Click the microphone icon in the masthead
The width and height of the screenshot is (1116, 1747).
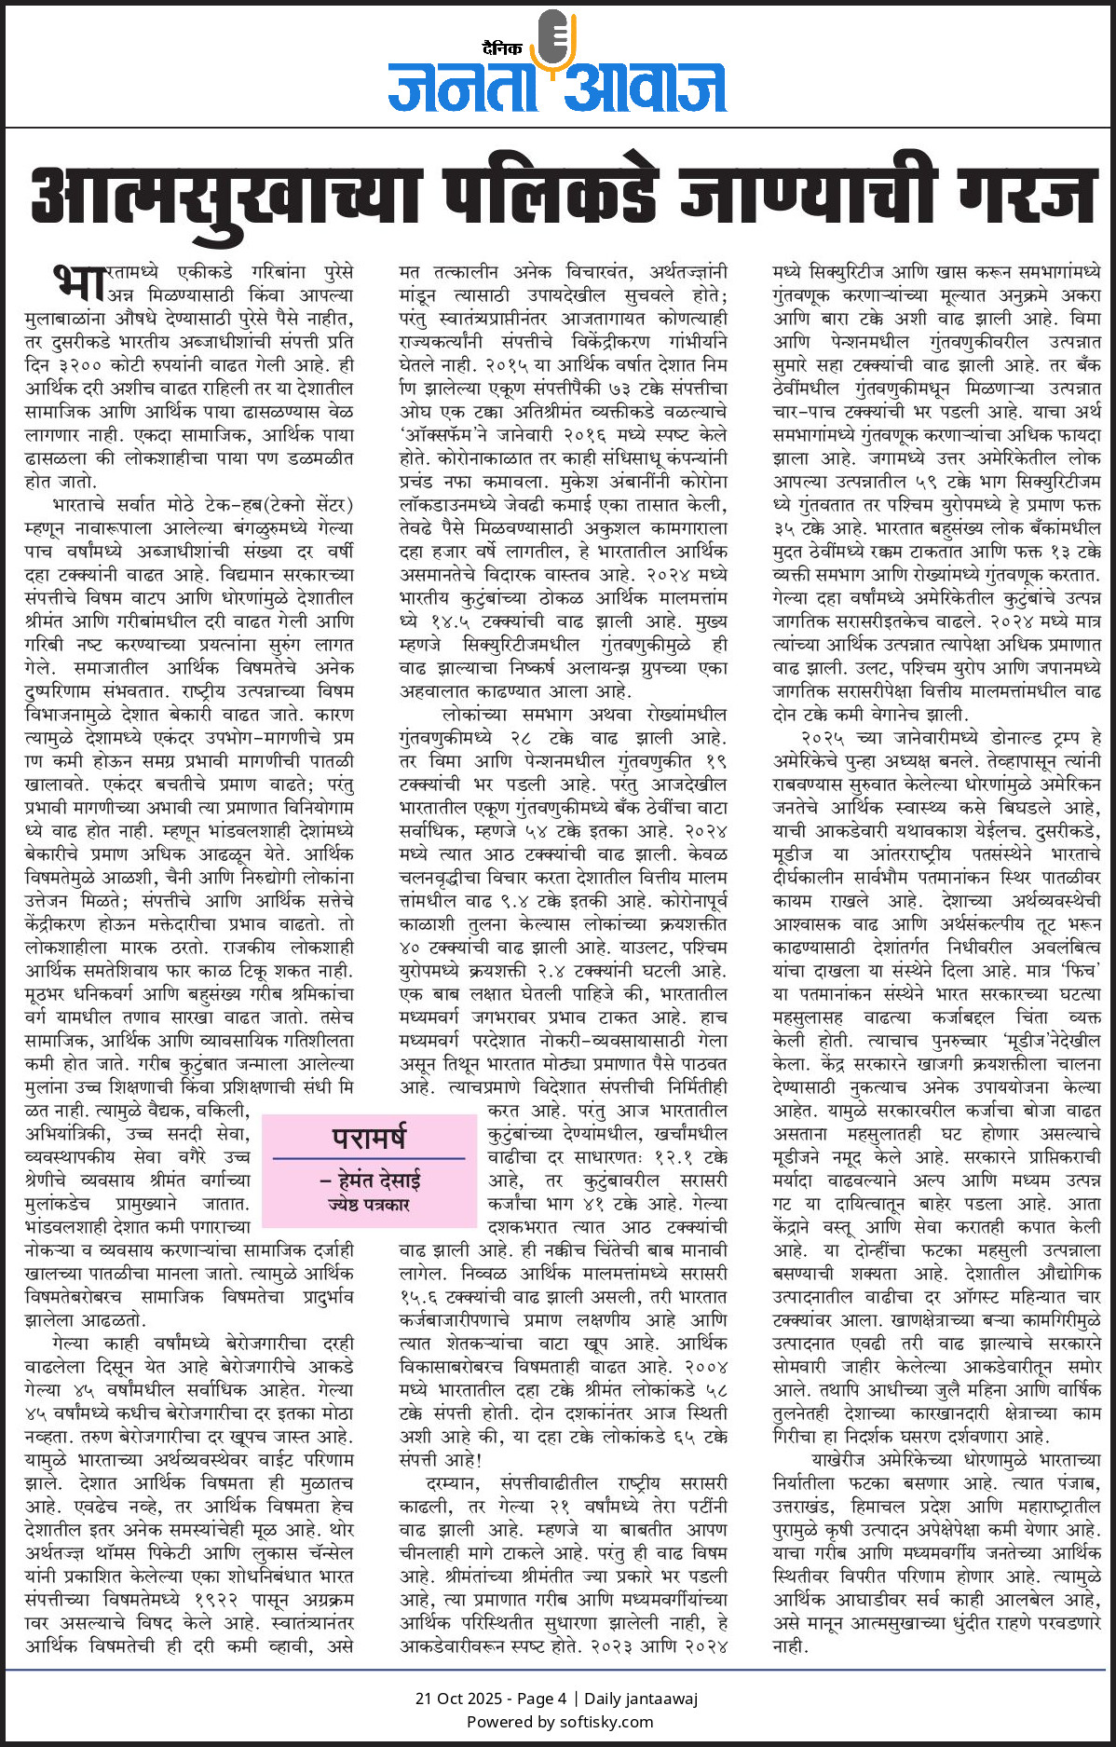[x=556, y=41]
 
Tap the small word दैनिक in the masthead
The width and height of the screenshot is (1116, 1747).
[x=502, y=48]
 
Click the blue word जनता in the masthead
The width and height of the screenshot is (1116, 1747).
[x=462, y=88]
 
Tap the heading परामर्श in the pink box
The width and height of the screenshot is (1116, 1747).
[x=369, y=1138]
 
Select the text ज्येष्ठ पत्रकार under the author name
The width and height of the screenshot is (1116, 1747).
[x=369, y=1205]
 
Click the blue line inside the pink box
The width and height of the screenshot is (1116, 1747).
[x=369, y=1158]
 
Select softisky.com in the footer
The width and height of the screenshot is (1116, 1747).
[x=606, y=1721]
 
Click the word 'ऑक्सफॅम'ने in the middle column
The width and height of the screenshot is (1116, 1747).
[x=447, y=435]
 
